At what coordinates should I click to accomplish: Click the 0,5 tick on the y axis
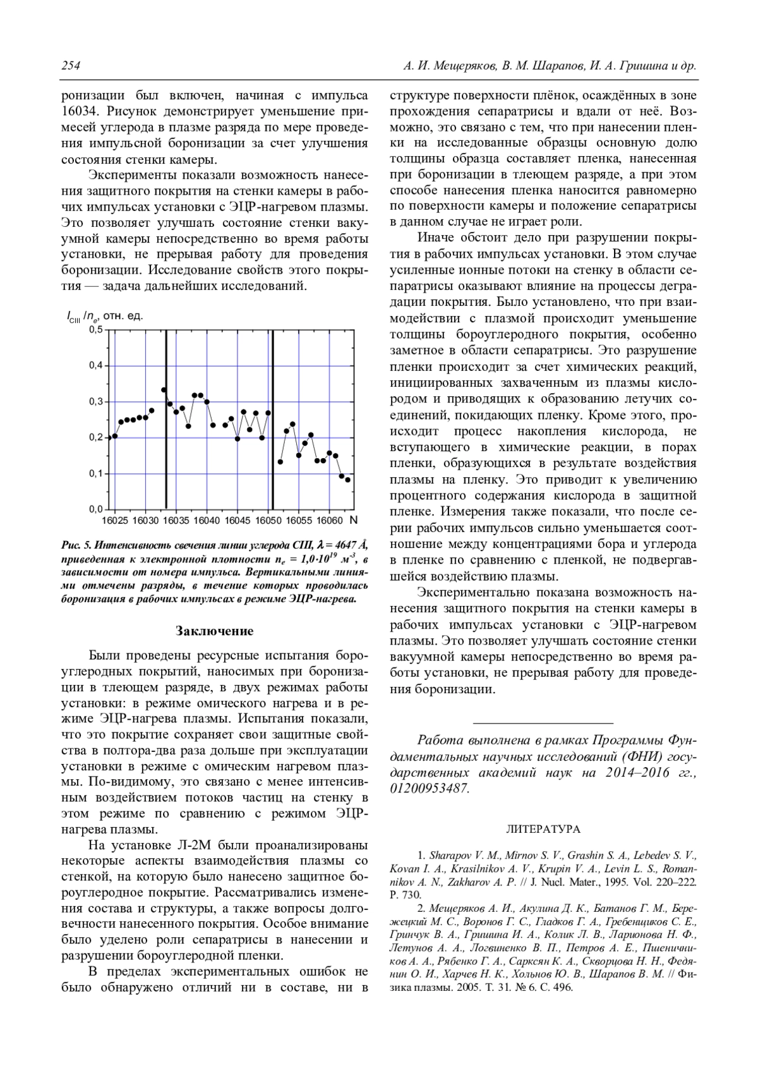coord(95,329)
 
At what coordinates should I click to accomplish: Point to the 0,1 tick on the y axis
coord(95,473)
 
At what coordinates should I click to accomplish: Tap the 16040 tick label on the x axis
coord(207,521)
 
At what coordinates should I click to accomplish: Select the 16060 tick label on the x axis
coord(329,521)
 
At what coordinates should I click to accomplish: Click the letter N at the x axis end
coord(353,520)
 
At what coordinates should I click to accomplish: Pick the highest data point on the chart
coord(164,390)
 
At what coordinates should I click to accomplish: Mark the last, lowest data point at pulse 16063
coord(347,480)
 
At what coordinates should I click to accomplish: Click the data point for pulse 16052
coord(280,462)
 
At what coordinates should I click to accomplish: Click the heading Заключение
coord(214,631)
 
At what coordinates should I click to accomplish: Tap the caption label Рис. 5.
coord(76,545)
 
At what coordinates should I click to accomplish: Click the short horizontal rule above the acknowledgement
coord(543,722)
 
